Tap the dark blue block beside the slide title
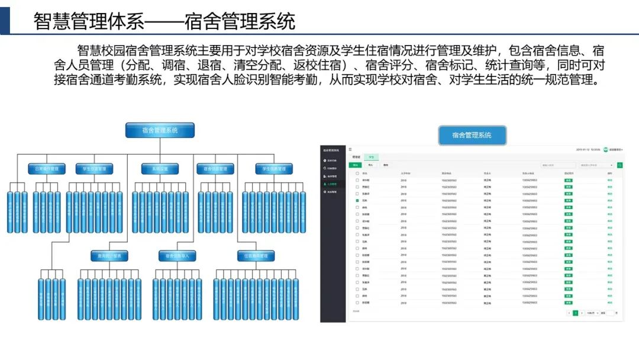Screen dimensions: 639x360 [5, 17]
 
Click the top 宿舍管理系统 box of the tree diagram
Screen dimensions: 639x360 [160, 130]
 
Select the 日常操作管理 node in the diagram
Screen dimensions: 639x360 [47, 169]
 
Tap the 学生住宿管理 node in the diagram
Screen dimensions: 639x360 [94, 169]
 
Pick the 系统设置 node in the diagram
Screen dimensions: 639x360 [160, 169]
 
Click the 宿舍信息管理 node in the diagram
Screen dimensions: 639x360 [215, 169]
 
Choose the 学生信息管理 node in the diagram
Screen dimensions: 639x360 [274, 169]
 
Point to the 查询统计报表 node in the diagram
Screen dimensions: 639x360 [109, 256]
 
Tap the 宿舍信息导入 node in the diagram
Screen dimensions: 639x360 [177, 256]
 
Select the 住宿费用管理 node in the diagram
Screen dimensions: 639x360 [256, 256]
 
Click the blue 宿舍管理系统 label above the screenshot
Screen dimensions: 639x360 [472, 135]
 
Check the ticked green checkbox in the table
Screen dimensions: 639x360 [357, 201]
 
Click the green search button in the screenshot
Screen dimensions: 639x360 [619, 165]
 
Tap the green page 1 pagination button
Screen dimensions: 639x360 [575, 313]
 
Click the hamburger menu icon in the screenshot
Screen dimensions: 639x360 [350, 149]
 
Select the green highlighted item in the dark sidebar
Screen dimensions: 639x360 [333, 184]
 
